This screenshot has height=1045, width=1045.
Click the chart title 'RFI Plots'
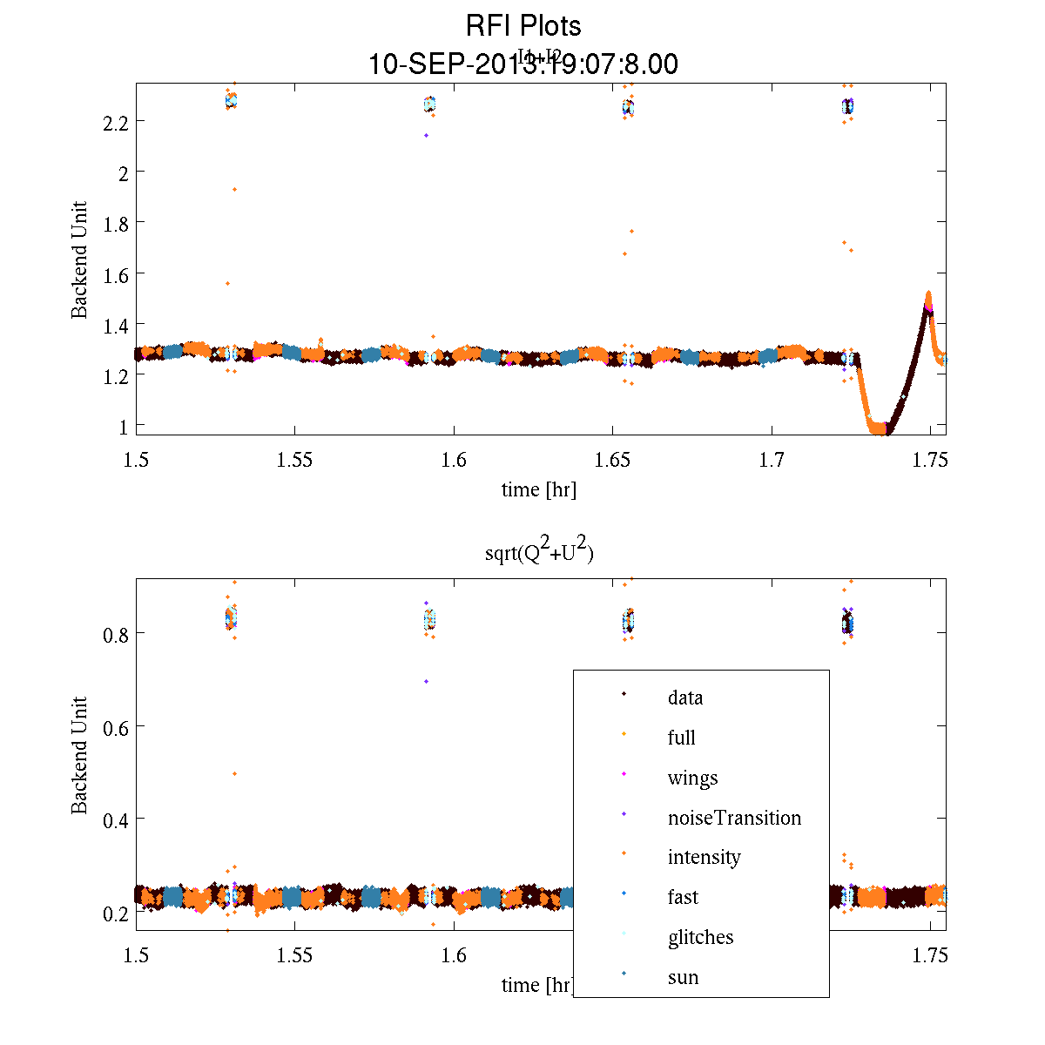[522, 26]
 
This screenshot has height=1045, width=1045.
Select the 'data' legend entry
[685, 698]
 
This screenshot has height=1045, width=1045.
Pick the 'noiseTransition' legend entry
[734, 818]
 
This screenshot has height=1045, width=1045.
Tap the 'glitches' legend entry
[700, 937]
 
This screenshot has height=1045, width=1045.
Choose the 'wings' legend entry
[692, 778]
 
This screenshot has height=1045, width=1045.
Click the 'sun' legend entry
[683, 977]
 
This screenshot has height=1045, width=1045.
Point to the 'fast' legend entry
[683, 897]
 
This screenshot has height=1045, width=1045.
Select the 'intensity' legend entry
[704, 857]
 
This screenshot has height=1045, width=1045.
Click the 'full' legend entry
[681, 738]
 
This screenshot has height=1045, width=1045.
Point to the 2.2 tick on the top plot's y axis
[115, 122]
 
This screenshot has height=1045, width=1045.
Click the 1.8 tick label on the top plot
[115, 224]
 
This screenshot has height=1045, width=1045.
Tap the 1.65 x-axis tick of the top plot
[613, 460]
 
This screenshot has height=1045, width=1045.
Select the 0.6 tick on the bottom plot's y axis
[115, 726]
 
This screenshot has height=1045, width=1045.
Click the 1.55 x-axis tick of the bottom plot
[295, 955]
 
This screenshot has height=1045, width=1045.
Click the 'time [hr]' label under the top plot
[538, 489]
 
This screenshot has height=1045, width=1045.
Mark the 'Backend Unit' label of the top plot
[79, 260]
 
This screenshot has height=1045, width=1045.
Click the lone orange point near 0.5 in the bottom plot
[234, 773]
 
